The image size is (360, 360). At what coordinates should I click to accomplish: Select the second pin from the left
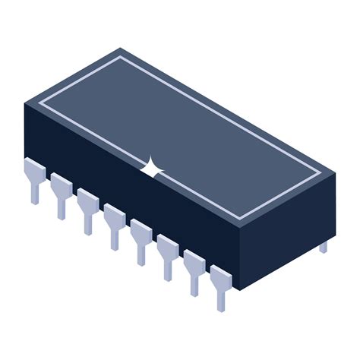pyautogui.click(x=61, y=191)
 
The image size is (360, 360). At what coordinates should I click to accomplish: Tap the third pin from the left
pyautogui.click(x=87, y=207)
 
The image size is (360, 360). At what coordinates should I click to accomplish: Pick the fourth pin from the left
pyautogui.click(x=114, y=222)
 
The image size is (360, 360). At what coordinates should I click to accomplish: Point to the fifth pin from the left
pyautogui.click(x=141, y=237)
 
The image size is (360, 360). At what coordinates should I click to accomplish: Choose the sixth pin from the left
pyautogui.click(x=167, y=252)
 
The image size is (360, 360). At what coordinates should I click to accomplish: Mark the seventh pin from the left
pyautogui.click(x=194, y=267)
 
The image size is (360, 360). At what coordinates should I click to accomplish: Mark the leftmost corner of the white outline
pyautogui.click(x=40, y=99)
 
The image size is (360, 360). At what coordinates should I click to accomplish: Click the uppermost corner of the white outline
pyautogui.click(x=121, y=57)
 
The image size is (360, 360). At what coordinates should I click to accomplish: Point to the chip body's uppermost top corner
pyautogui.click(x=121, y=48)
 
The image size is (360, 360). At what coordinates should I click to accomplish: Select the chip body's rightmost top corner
pyautogui.click(x=335, y=173)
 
